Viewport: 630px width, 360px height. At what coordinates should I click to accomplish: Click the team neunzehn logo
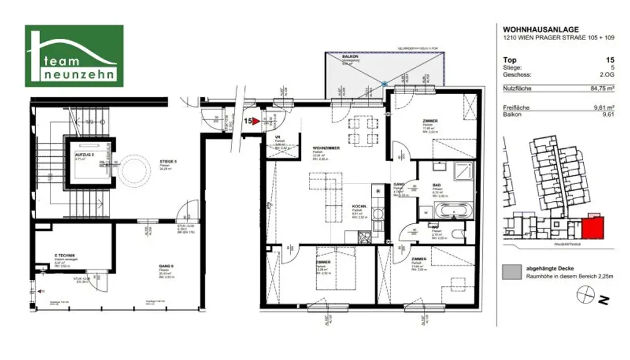[74, 56]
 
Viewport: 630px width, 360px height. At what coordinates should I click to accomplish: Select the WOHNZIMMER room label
[327, 140]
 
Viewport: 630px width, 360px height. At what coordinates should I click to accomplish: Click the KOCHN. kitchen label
[360, 206]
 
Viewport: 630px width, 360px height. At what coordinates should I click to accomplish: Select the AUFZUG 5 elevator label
[84, 155]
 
